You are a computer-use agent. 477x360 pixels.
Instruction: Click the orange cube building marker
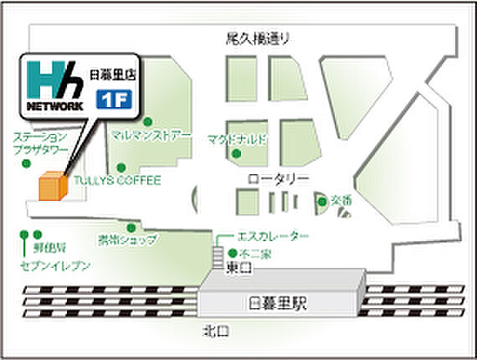click(52, 187)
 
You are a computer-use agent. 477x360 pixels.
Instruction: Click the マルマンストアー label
click(152, 135)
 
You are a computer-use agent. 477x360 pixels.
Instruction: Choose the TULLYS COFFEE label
click(127, 180)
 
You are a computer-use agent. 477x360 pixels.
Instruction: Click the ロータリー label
click(267, 178)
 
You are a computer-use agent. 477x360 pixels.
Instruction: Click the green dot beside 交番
click(322, 201)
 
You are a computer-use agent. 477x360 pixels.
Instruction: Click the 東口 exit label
click(237, 268)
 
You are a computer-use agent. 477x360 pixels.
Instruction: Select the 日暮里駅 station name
click(279, 301)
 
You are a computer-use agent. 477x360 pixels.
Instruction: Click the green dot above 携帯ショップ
click(131, 227)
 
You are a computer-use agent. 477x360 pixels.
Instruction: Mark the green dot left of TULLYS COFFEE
click(121, 166)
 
